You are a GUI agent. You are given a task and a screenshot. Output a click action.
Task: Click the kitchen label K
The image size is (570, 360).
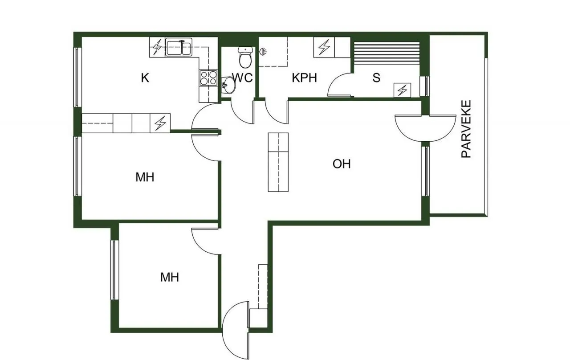pos(145,78)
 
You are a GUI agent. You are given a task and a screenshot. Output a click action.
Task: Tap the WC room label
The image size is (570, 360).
pos(243,78)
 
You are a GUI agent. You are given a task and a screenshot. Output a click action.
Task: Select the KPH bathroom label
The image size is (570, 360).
pos(304,78)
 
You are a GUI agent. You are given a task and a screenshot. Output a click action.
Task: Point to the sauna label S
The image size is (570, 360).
pos(376,78)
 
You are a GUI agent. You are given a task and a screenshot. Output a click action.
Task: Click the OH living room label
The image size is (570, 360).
pos(342,164)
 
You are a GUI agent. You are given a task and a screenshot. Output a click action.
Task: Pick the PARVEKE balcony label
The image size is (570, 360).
pos(466,129)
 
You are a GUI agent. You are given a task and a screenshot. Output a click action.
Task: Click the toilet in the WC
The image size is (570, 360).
pos(245,57)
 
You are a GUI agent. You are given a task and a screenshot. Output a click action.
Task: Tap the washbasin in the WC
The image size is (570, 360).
pos(228,85)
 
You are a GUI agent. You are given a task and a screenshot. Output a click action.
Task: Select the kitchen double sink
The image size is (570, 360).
pos(179,47)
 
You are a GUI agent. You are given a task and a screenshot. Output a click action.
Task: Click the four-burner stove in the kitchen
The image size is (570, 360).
pos(208,78)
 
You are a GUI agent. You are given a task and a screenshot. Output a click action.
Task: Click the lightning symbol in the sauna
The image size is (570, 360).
pos(402,90)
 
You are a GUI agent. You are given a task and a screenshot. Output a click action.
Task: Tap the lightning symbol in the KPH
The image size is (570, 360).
pos(324,47)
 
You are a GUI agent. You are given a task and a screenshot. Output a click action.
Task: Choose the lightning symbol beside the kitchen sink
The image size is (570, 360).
pos(157,47)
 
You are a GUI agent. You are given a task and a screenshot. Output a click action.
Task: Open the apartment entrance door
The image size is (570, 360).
pos(236,331)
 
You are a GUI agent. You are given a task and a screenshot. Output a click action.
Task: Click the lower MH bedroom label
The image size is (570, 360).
pos(170,277)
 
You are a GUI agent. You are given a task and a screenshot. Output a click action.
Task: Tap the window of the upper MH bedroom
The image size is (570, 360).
pos(77,166)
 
